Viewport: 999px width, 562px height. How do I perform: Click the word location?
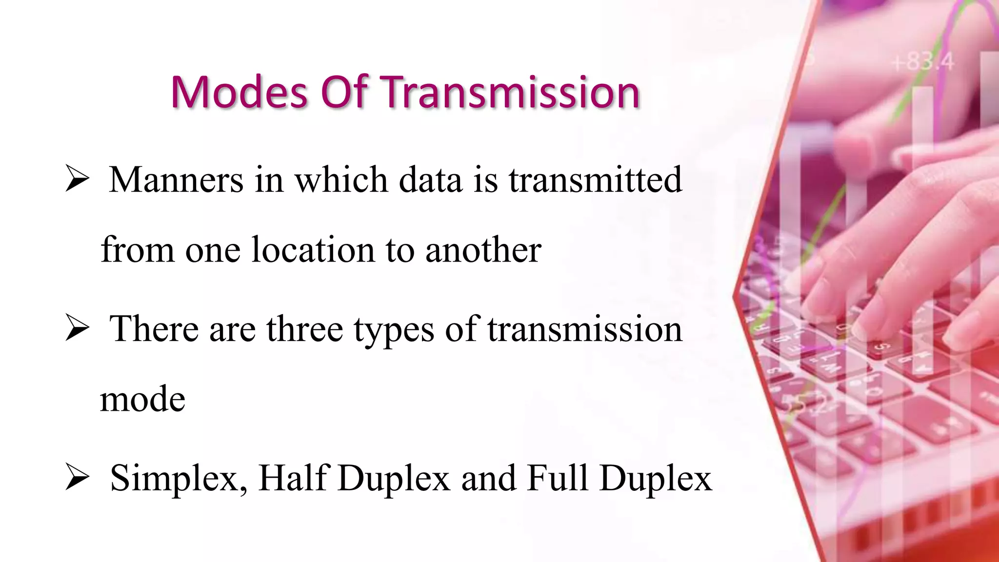(313, 250)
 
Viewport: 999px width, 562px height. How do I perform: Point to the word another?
(483, 250)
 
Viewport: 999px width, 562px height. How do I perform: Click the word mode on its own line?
(142, 399)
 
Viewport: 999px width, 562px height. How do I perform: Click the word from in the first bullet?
(137, 250)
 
